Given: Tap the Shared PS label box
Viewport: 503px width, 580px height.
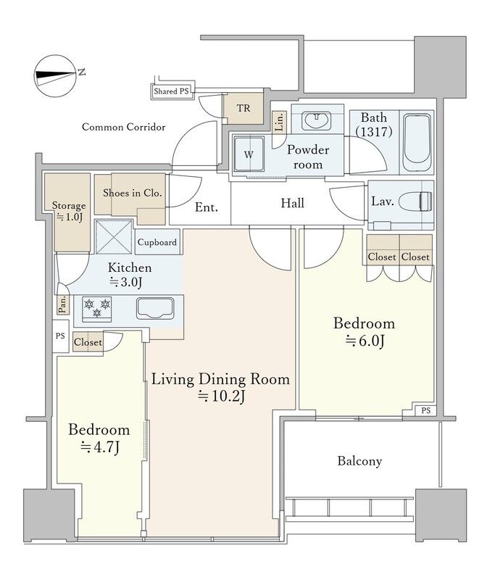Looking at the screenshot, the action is [x=172, y=91].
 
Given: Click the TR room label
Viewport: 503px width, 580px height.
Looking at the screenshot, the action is [x=244, y=108].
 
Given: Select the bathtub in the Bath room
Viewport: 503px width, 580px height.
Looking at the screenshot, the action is [x=417, y=142].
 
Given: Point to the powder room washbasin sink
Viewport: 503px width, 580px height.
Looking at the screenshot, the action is [x=316, y=120].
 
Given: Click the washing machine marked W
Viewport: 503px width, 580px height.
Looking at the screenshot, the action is [x=249, y=154].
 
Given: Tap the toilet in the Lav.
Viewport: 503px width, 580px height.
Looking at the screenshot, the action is [x=416, y=202].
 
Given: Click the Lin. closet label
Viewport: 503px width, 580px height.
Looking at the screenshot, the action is [x=280, y=121].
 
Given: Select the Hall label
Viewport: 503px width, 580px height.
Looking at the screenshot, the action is [x=293, y=203].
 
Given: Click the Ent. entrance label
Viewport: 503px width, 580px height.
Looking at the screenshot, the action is [x=207, y=207].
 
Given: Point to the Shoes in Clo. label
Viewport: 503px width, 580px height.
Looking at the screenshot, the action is [x=133, y=193].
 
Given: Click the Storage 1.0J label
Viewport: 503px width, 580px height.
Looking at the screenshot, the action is [x=69, y=211].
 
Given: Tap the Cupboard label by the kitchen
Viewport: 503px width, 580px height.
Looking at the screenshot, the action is [x=157, y=242].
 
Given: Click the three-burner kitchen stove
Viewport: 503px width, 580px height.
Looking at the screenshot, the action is [x=97, y=309].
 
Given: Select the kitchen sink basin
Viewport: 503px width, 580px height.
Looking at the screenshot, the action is [x=155, y=309].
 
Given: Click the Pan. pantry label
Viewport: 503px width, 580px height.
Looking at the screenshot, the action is [x=63, y=304].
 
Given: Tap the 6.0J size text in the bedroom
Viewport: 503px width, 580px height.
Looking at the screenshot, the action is [x=365, y=341].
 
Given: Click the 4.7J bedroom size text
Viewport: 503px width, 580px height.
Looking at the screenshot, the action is [x=100, y=447].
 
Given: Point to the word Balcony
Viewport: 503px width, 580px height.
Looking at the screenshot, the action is [x=359, y=461].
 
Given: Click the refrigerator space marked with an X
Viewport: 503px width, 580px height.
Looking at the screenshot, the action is [x=114, y=237].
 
